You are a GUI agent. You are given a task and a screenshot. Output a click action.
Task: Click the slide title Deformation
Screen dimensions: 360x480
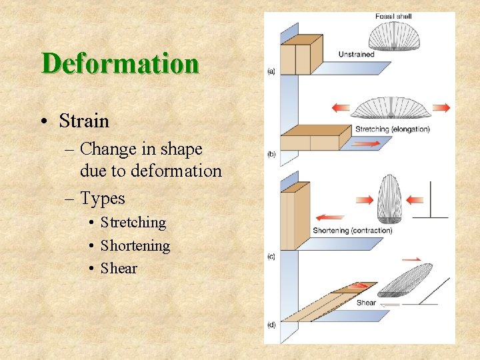point(120,64)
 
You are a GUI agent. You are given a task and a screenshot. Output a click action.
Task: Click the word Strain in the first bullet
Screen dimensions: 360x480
point(84,121)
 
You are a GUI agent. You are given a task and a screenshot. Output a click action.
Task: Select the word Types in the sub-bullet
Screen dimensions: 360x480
point(103,198)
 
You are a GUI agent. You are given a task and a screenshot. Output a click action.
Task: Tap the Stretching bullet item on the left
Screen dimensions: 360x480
point(133,222)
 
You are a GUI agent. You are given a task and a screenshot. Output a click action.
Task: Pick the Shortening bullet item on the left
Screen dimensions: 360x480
point(135,245)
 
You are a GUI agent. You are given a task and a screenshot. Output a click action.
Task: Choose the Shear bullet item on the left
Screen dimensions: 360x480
point(119,268)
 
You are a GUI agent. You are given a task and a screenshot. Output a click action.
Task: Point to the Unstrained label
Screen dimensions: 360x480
point(357,55)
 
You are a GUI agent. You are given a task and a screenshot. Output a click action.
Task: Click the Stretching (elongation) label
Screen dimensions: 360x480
point(393,129)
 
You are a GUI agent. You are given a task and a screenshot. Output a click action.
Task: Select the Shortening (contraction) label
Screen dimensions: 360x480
point(353,231)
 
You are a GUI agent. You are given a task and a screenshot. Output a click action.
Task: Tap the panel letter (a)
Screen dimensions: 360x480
point(271,71)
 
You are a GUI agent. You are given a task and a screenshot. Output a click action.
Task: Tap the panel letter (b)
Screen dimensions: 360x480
point(271,154)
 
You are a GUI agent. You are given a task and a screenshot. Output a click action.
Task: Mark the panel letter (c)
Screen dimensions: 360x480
point(271,256)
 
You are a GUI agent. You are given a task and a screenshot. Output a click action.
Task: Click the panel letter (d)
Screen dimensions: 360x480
point(271,325)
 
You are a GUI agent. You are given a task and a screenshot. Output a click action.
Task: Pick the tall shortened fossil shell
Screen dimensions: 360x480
point(391,198)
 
